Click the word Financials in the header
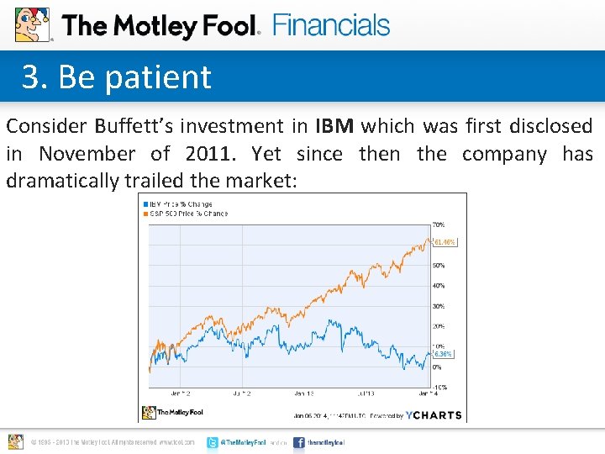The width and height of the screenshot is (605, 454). click(x=331, y=25)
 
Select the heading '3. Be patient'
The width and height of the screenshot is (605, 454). click(x=117, y=77)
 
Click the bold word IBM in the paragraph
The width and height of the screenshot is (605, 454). click(x=334, y=127)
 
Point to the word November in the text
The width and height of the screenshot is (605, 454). click(x=87, y=154)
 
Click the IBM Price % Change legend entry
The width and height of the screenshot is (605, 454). click(x=178, y=203)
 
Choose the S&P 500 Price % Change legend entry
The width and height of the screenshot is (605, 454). click(x=187, y=214)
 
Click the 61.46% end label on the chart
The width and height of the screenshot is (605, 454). click(x=445, y=243)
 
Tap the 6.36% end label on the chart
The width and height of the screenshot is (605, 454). click(x=443, y=354)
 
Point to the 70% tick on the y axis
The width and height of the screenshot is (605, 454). click(x=439, y=224)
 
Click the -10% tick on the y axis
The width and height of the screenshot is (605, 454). click(x=439, y=387)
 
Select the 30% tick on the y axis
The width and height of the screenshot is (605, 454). click(x=439, y=306)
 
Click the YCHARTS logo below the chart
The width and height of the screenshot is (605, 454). click(x=434, y=414)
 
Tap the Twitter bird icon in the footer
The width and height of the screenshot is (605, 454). click(x=213, y=442)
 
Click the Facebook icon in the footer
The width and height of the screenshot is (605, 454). click(x=299, y=442)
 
